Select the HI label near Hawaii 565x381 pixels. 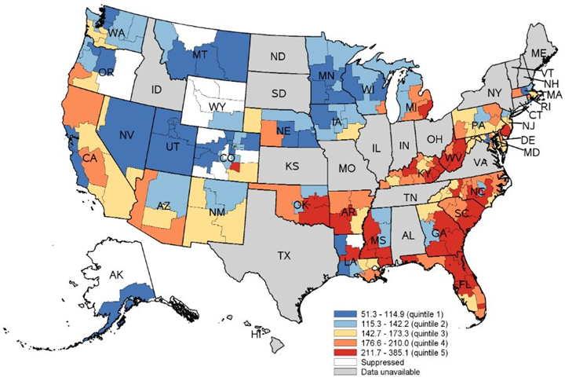[255, 335]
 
